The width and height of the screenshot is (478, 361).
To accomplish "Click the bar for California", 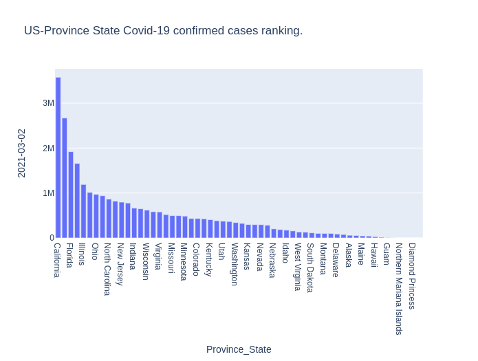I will (x=58, y=158).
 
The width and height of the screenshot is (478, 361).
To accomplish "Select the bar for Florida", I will (x=71, y=195).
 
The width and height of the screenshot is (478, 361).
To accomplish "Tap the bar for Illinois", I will (x=83, y=211).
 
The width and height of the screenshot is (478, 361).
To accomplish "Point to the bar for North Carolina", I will (x=109, y=219).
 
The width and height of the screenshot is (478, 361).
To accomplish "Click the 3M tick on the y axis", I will (x=48, y=103).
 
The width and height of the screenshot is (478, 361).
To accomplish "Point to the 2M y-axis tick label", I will (x=48, y=148).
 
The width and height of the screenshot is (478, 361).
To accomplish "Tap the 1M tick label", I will (x=48, y=193).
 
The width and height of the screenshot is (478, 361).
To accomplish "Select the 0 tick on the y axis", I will (x=52, y=238).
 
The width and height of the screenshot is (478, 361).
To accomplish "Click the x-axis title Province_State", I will (x=239, y=349).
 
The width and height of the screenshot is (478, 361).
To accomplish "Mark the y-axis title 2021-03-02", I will (x=21, y=153).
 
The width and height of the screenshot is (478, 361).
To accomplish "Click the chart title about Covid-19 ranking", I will (x=163, y=31).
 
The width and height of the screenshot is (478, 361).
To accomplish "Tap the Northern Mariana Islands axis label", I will (x=399, y=288).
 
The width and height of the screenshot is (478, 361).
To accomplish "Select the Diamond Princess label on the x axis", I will (x=411, y=276).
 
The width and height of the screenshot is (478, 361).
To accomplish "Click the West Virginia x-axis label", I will (x=297, y=267).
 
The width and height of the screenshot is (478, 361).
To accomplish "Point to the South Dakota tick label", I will (x=310, y=267).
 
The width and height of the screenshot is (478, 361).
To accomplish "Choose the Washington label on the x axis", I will (x=234, y=264).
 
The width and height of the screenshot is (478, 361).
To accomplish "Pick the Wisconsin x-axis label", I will (x=145, y=261).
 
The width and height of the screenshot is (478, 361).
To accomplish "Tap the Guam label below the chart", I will (x=386, y=254).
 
